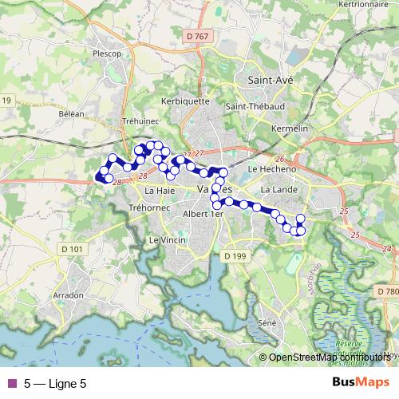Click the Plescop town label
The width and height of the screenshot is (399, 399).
click(106, 54)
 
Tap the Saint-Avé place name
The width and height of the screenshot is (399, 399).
click(271, 81)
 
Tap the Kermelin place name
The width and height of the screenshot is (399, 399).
click(290, 128)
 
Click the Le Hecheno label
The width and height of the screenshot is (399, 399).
click(272, 169)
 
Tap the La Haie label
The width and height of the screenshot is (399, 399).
click(160, 192)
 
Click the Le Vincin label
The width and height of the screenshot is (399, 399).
click(167, 239)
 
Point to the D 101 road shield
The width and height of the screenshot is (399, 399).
click(71, 249)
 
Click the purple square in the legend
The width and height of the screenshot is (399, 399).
click(11, 384)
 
